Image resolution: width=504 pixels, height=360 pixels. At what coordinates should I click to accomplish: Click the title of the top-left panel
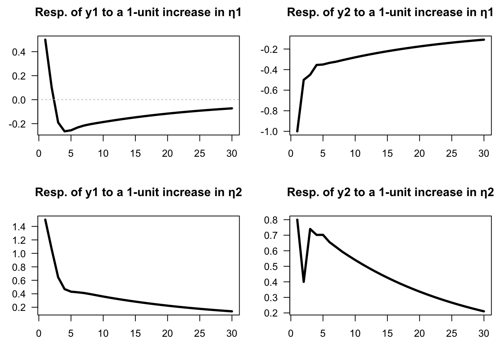[138, 13]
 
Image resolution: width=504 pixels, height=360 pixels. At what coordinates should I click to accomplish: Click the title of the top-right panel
[390, 13]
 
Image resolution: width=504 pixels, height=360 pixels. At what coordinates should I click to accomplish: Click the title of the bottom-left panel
[138, 193]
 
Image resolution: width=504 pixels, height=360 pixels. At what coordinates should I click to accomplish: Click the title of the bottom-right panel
[390, 193]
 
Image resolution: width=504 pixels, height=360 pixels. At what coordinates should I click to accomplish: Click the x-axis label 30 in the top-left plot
[232, 154]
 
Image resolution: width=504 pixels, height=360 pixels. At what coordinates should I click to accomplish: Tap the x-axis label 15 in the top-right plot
[387, 154]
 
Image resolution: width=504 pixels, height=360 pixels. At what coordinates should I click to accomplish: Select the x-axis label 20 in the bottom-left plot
[167, 334]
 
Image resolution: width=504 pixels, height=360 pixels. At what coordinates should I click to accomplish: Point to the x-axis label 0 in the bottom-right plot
[291, 334]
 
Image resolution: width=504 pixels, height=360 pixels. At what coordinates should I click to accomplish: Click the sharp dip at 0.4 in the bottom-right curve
[304, 282]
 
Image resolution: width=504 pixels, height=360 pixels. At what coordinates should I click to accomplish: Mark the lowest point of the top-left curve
[64, 131]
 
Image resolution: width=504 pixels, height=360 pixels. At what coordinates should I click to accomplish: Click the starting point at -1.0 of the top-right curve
[297, 131]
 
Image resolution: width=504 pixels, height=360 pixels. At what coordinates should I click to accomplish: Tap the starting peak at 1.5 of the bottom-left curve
[45, 220]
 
